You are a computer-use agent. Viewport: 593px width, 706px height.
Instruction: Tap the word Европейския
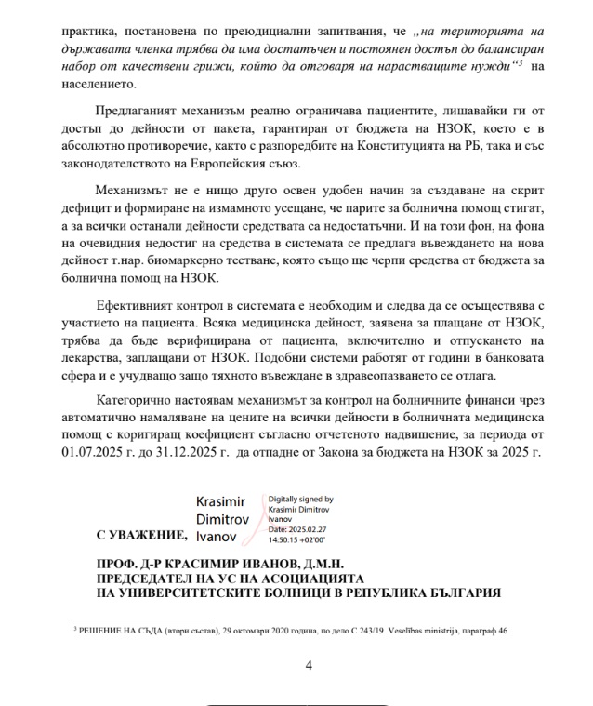[x=229, y=167]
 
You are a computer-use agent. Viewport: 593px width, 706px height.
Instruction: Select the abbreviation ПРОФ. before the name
[x=116, y=565]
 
